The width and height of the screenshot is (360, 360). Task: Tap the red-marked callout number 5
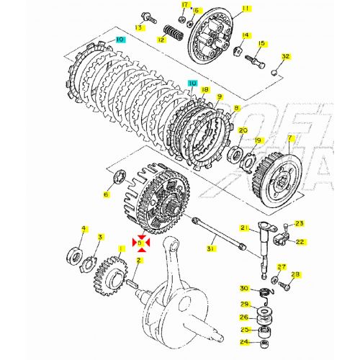(x=142, y=243)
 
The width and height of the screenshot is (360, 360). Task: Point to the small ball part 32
(x=275, y=71)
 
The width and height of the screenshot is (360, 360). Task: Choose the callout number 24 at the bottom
(x=244, y=342)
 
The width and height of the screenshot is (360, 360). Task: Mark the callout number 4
(x=83, y=229)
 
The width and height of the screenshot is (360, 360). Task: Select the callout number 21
(x=244, y=228)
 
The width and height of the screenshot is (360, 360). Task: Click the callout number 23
(x=300, y=223)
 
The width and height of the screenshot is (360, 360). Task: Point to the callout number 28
(x=295, y=274)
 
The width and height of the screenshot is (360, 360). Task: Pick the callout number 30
(x=244, y=289)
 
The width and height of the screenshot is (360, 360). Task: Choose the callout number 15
(x=262, y=44)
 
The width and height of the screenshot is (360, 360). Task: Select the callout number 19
(x=258, y=140)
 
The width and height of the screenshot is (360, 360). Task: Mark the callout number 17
(x=184, y=5)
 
